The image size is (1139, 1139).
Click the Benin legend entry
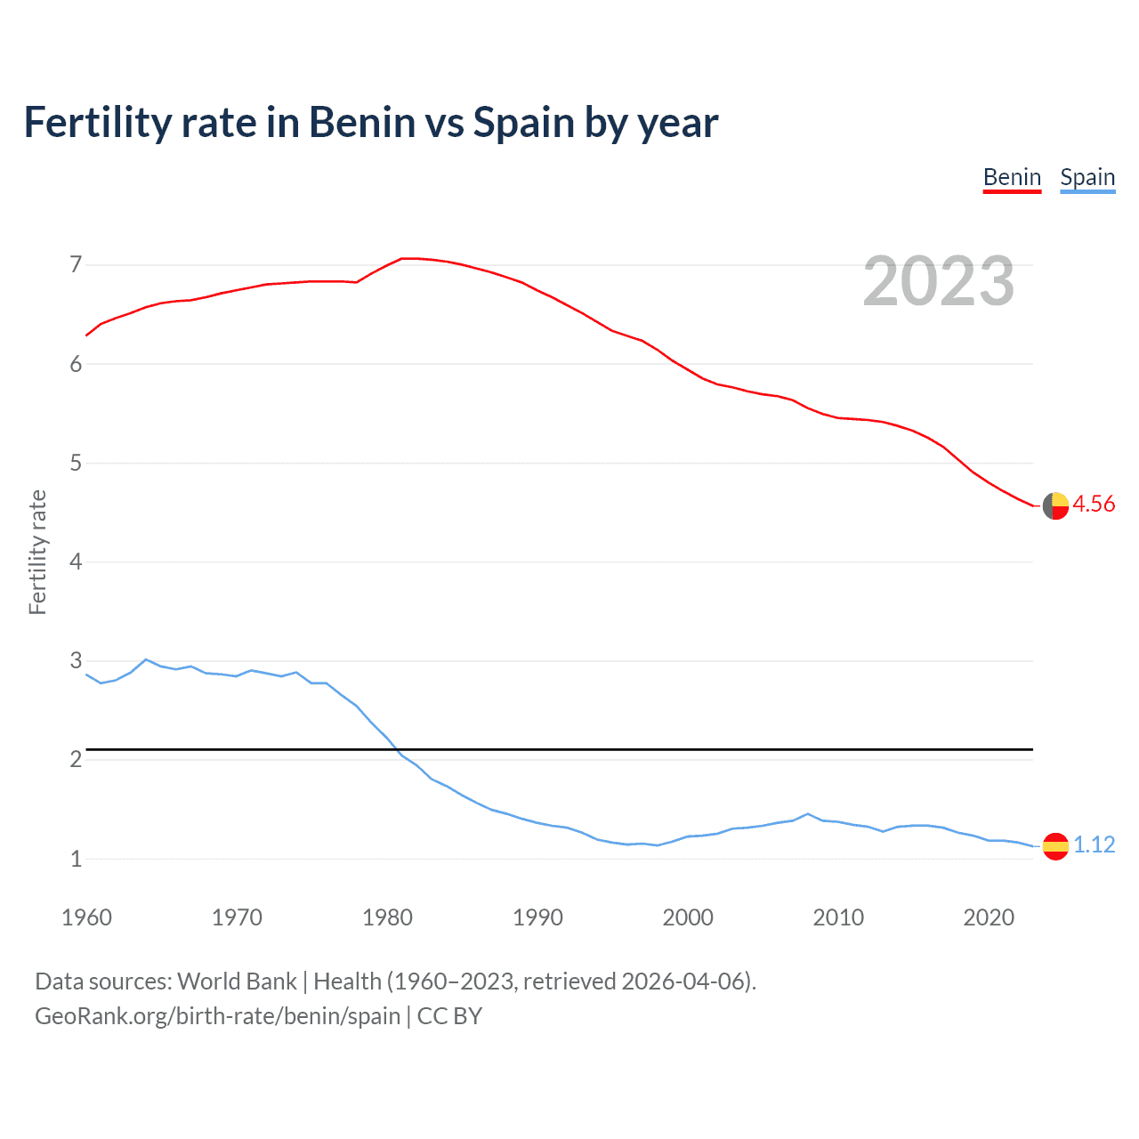click(x=1012, y=177)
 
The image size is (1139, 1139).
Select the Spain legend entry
click(x=1087, y=177)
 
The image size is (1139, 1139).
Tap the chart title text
click(x=370, y=122)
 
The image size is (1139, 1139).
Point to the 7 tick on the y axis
click(x=76, y=264)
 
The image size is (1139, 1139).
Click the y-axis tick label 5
click(x=76, y=463)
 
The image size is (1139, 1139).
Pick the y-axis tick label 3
click(x=76, y=660)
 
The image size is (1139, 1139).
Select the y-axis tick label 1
click(x=76, y=859)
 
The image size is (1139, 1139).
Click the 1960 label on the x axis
click(x=86, y=917)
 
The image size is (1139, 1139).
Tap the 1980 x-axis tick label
click(x=387, y=917)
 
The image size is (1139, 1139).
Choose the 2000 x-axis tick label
click(x=688, y=917)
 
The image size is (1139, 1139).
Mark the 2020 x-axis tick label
click(x=989, y=917)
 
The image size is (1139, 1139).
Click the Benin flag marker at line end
click(x=1055, y=505)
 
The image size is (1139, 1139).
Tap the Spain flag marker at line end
click(x=1055, y=845)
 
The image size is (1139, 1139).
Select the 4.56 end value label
click(x=1094, y=504)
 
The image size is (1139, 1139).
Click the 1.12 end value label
click(x=1094, y=844)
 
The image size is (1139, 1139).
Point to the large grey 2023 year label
click(x=939, y=281)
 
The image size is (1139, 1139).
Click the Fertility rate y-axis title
click(x=37, y=552)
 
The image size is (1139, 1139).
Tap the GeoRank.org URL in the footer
click(x=217, y=1016)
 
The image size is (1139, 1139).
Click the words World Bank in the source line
click(x=237, y=981)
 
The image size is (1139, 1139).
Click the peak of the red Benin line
click(x=408, y=258)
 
